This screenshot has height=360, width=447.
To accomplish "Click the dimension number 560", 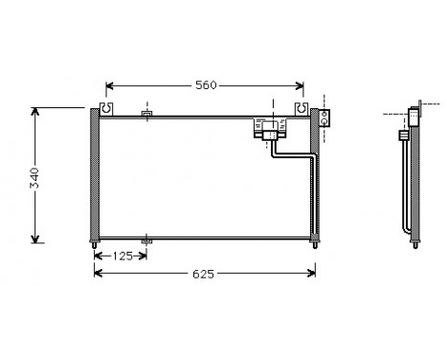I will point(206,85).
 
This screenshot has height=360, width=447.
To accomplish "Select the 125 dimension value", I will point(121,257).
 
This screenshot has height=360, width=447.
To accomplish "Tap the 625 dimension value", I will point(204,274).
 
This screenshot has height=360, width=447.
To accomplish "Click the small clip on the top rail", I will point(146,116).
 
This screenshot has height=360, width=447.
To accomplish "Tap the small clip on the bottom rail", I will point(145,240).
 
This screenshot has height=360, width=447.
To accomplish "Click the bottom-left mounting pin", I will point(95,245).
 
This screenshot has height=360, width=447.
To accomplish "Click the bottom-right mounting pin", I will point(314,245).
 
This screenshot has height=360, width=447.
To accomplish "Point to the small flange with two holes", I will point(324,119).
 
